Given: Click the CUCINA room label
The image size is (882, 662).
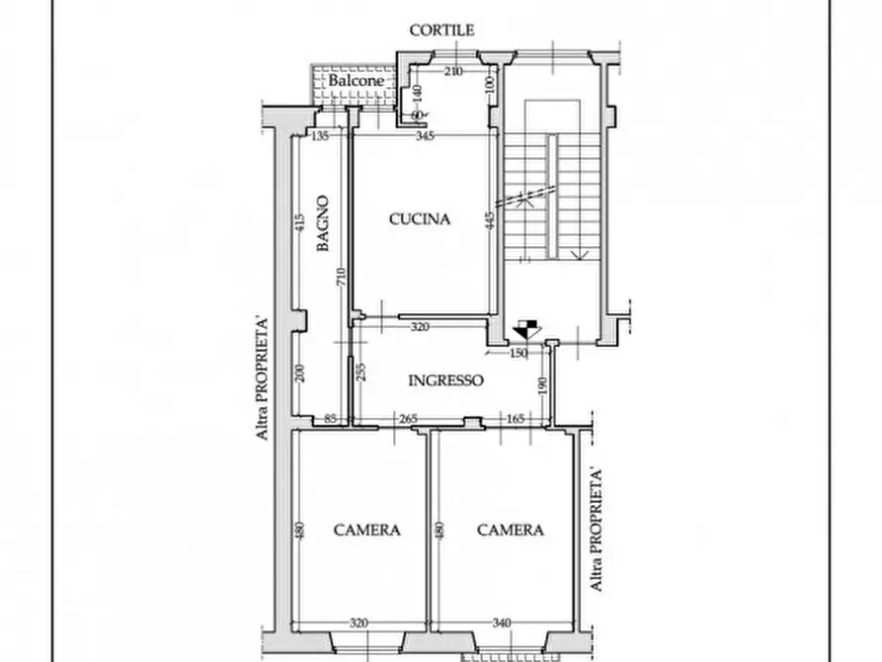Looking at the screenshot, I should tap(419, 219).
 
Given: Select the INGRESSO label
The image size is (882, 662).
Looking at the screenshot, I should tap(445, 379).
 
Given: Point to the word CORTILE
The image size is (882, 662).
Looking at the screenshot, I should tap(442, 31).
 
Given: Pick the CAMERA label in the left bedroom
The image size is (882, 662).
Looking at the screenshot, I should tap(366, 530).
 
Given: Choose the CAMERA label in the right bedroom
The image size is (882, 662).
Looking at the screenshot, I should tap(510, 530).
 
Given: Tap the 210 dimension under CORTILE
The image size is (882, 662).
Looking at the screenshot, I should tap(452, 71).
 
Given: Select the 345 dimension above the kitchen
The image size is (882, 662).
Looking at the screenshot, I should tap(425, 135).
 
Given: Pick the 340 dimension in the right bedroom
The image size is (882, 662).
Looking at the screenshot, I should tap(502, 622).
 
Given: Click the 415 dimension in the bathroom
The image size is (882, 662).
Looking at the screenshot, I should tap(297, 224).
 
